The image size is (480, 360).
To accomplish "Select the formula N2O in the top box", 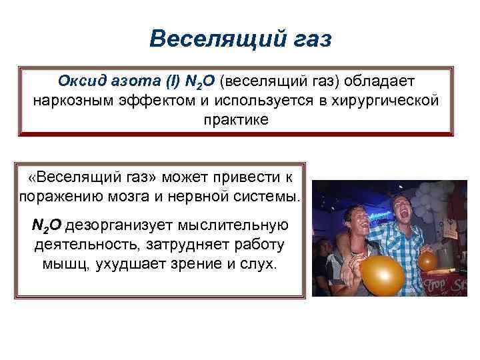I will (x=199, y=81).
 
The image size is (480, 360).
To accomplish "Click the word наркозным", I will (x=74, y=101).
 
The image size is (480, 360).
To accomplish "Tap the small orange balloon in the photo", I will (x=427, y=261).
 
